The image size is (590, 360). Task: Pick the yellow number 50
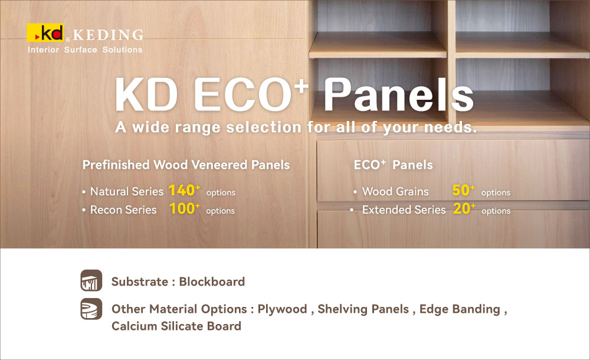click(462, 191)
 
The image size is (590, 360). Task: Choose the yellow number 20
click(463, 209)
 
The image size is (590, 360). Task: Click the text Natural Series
click(126, 192)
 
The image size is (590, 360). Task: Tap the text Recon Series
click(123, 210)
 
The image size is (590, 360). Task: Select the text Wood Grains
click(395, 192)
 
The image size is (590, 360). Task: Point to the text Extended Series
click(404, 210)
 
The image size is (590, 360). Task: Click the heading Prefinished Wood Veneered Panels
click(186, 165)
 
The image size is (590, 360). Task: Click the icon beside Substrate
click(91, 281)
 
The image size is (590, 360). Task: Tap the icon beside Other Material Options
click(91, 309)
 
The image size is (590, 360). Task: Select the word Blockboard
click(212, 282)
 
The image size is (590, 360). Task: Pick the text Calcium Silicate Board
click(176, 326)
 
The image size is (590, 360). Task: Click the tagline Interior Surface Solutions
click(85, 50)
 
